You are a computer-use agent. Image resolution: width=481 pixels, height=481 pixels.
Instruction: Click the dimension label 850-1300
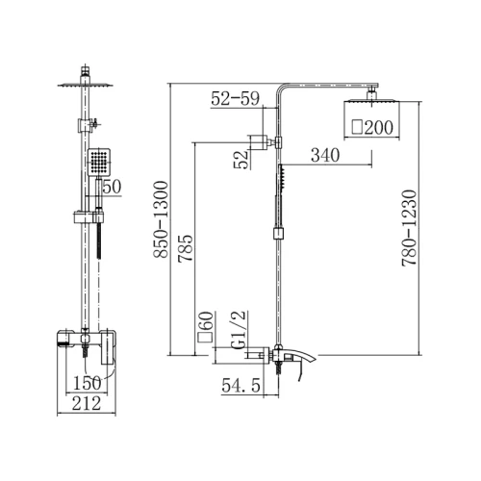[x=161, y=219]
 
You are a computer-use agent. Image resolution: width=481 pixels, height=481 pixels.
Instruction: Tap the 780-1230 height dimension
[x=410, y=228]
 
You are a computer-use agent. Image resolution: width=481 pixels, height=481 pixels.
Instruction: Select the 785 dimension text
[x=186, y=248]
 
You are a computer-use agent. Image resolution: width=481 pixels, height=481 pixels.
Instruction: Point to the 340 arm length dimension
[x=325, y=155]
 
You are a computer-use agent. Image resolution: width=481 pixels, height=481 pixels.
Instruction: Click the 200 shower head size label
[x=372, y=127]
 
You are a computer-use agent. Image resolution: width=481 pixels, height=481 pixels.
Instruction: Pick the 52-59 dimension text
[x=235, y=98]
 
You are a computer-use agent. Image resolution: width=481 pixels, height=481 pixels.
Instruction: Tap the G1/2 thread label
[x=239, y=329]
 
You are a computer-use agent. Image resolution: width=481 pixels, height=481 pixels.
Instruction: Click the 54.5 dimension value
[x=240, y=385]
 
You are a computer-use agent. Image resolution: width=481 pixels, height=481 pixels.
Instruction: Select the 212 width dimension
[x=87, y=403]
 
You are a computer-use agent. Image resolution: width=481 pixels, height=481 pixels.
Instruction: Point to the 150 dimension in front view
[x=88, y=383]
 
